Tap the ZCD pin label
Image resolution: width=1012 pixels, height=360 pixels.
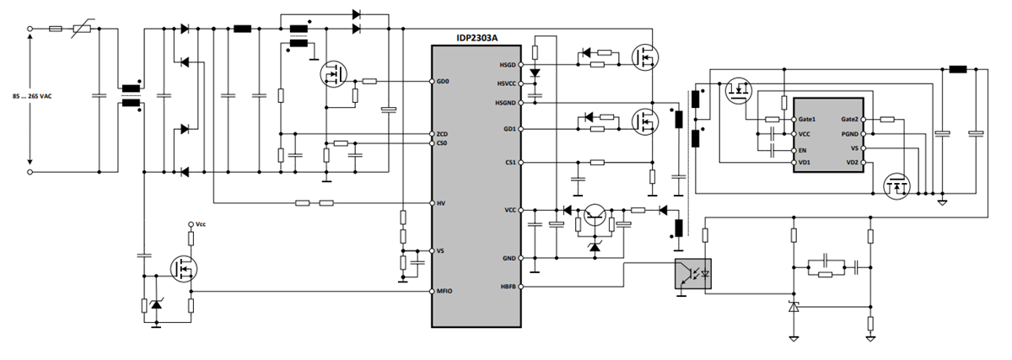[x=443, y=134]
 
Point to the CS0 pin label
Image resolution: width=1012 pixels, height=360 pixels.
[x=442, y=143]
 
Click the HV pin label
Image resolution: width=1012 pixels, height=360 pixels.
[x=440, y=203]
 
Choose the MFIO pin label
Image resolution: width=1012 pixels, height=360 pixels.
[x=444, y=291]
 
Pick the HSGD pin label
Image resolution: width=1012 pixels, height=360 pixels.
[x=508, y=65]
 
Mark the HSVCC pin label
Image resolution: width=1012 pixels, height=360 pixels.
[x=506, y=83]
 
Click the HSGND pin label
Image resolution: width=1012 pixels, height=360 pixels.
[x=506, y=102]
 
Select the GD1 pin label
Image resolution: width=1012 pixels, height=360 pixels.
[x=509, y=129]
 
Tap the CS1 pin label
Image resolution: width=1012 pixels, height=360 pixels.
[x=509, y=162]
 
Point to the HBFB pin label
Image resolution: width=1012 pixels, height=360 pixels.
[x=508, y=287]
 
